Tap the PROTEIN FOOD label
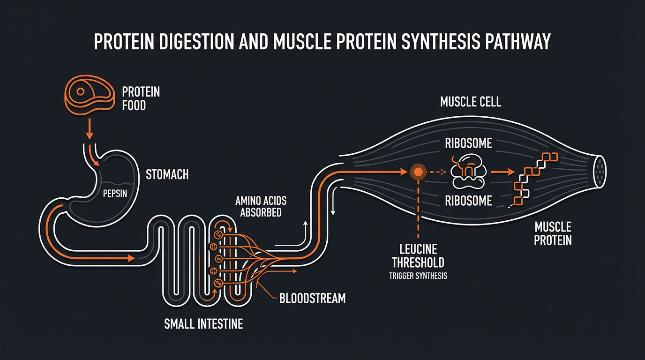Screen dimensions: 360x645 [x=141, y=98]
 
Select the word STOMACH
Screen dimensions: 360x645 [x=167, y=175]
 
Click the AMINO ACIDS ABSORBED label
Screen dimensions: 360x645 [x=261, y=207]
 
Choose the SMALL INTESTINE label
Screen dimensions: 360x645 [x=203, y=324]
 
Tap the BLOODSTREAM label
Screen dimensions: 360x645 [x=312, y=298]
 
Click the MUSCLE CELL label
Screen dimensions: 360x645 [x=471, y=102]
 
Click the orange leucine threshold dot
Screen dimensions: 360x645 [x=417, y=172]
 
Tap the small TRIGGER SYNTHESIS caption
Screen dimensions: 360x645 [x=418, y=276]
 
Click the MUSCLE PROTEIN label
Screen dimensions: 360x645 [x=553, y=234]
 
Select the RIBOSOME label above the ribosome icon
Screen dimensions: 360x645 [x=468, y=143]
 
